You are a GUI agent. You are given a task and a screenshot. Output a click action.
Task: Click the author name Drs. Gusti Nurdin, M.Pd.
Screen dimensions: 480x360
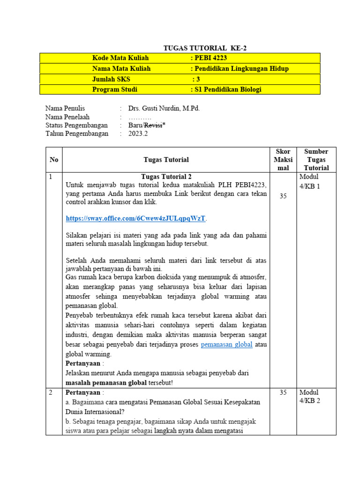(164, 108)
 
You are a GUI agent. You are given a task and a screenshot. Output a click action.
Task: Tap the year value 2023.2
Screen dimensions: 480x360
(138, 134)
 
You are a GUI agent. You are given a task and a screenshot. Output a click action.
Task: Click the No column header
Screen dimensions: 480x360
(54, 160)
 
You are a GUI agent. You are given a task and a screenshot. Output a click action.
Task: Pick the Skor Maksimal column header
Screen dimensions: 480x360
(283, 159)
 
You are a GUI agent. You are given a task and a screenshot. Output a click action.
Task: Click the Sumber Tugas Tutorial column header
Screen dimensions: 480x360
(316, 159)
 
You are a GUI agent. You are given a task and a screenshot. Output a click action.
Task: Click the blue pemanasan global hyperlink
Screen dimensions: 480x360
(227, 345)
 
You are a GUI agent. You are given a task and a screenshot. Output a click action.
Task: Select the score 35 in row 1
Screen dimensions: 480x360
(283, 196)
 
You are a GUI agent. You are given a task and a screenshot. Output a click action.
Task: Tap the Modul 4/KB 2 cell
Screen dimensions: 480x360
(309, 397)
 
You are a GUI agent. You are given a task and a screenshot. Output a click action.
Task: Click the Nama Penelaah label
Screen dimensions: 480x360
(67, 117)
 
